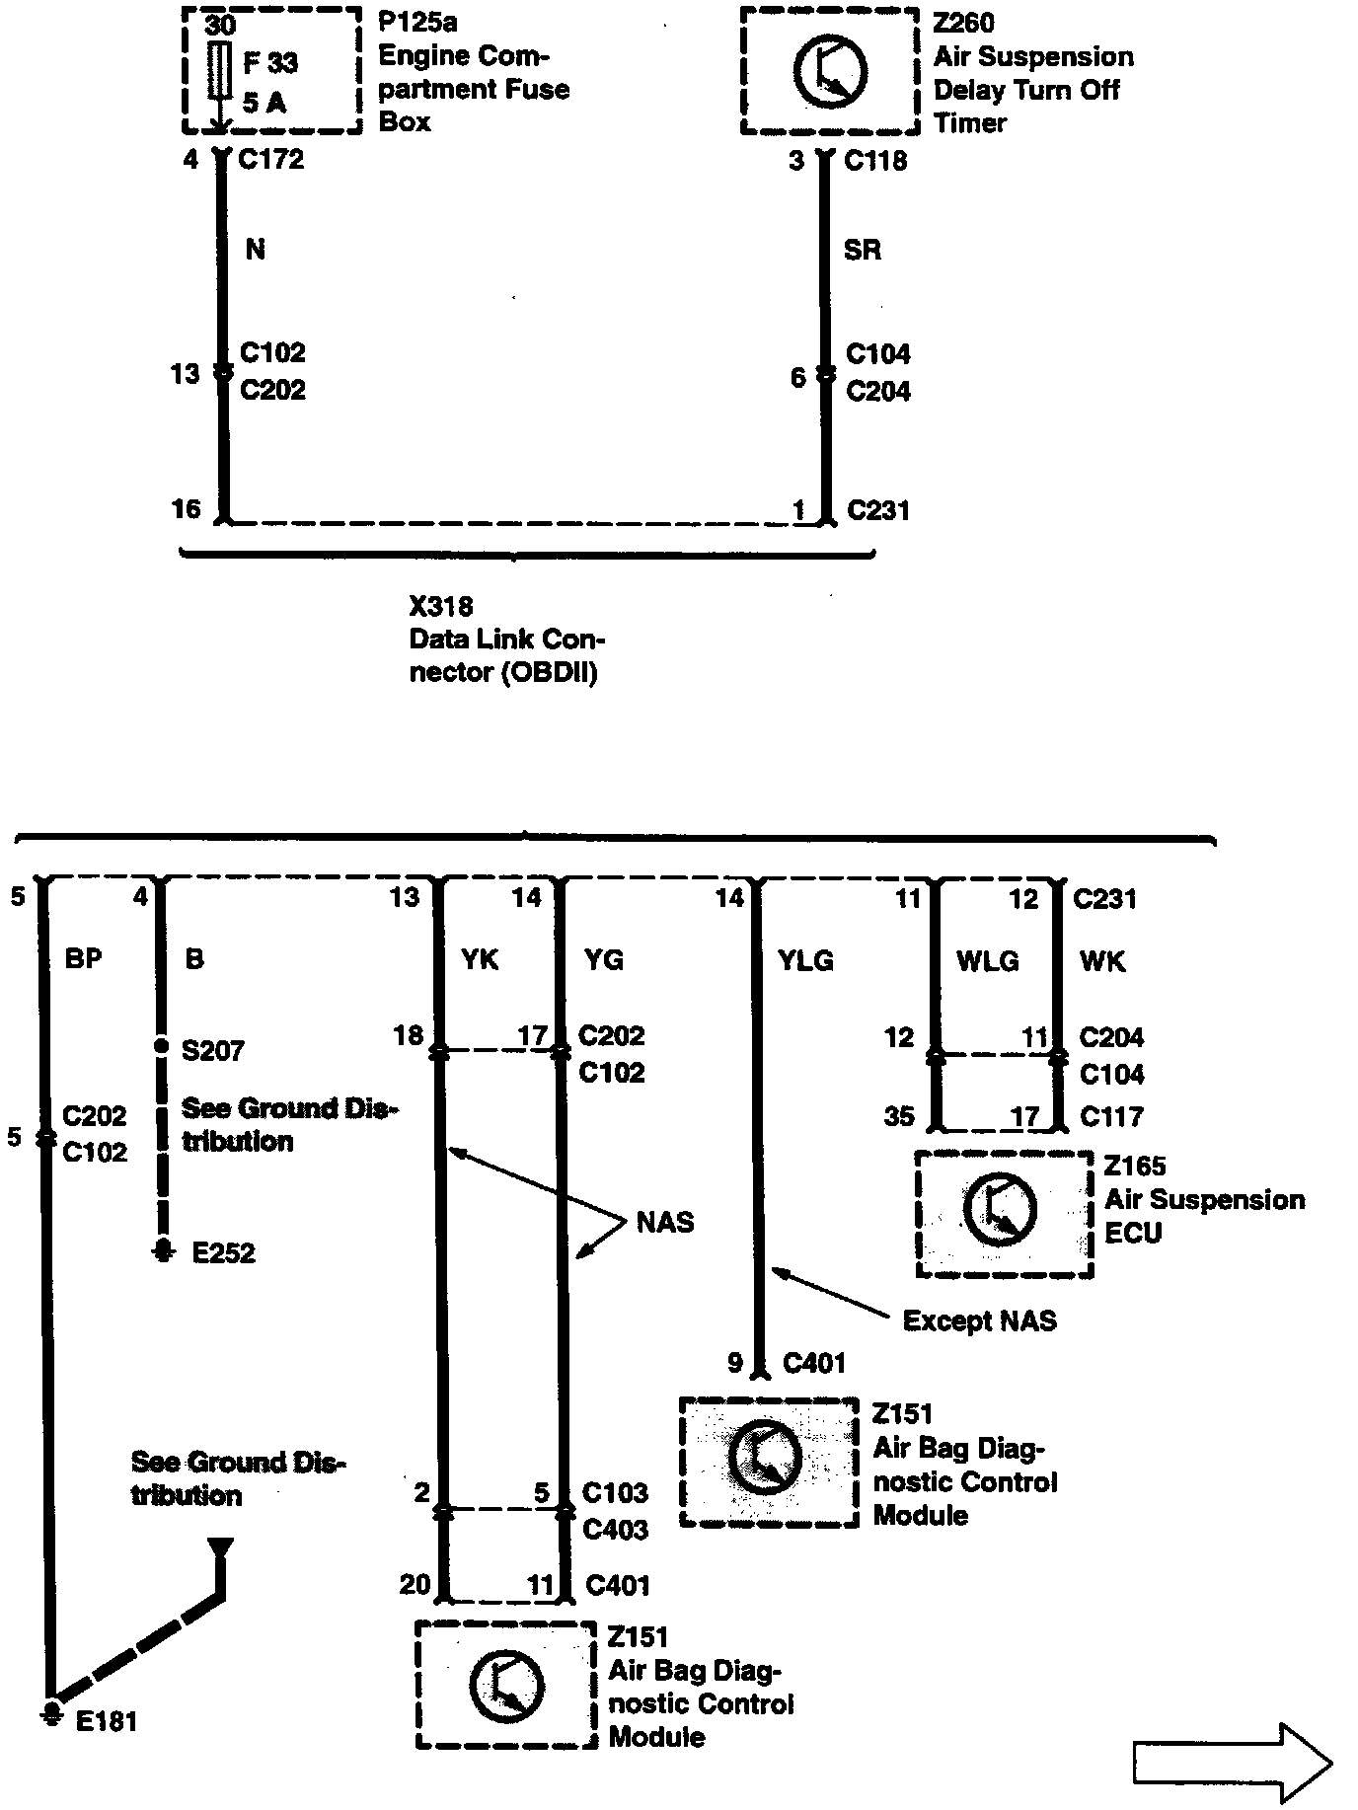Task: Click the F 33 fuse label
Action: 269,63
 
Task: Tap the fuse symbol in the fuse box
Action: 220,71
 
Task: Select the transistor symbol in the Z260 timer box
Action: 830,71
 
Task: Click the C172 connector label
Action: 271,159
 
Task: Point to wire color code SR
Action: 862,250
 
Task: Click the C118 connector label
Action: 875,161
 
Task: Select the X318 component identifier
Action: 441,606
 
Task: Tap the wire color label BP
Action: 83,958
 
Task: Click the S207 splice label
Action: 212,1050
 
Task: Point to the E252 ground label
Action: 223,1253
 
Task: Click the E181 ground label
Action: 107,1721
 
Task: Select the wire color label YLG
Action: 805,960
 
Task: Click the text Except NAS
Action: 979,1320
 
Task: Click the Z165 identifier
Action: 1135,1166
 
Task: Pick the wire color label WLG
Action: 987,961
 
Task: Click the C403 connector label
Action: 615,1530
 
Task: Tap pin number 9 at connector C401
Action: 734,1363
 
